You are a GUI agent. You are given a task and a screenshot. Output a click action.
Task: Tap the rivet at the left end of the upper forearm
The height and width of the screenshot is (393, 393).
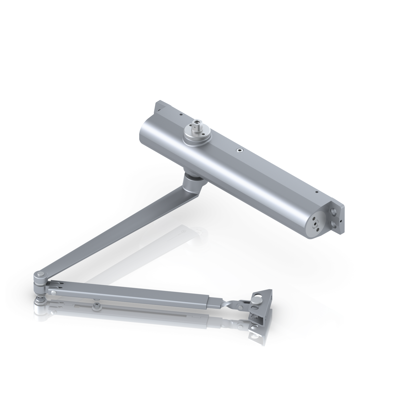pyautogui.click(x=53, y=292)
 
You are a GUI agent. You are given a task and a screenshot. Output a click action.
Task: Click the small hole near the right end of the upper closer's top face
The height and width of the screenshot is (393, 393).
pyautogui.click(x=316, y=192)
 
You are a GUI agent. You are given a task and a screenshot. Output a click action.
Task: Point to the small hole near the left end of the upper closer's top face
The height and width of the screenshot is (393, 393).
pyautogui.click(x=181, y=114)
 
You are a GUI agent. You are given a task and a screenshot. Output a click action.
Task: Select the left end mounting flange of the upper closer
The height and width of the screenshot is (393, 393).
pyautogui.click(x=159, y=107)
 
